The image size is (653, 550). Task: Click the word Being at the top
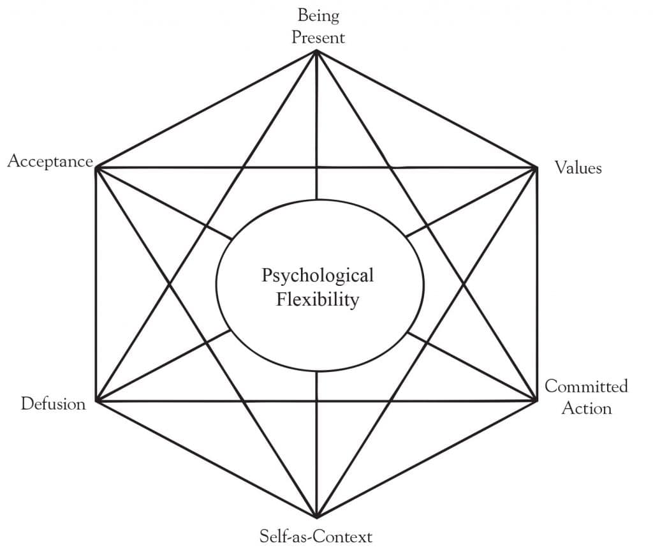tap(318, 16)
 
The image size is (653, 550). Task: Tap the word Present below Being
tap(318, 37)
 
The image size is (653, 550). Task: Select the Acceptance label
tap(50, 161)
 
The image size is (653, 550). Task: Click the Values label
tap(578, 168)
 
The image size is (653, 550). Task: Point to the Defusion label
tap(53, 404)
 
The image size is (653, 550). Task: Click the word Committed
tap(586, 386)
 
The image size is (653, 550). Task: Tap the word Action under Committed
tap(586, 408)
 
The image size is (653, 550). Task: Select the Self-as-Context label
tap(316, 535)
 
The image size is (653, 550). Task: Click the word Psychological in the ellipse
tap(318, 276)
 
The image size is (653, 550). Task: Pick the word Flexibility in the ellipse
tap(318, 299)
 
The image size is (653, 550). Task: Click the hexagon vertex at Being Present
tap(316, 52)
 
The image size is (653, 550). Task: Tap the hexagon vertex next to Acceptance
tap(96, 168)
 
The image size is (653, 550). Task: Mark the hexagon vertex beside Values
tap(536, 168)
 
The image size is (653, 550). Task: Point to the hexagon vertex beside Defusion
tap(96, 401)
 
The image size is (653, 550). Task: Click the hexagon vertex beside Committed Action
tap(536, 401)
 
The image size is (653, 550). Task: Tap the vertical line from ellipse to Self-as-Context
tap(316, 447)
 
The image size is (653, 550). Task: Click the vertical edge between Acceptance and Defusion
tap(96, 284)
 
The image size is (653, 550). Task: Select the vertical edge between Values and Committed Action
tap(536, 284)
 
